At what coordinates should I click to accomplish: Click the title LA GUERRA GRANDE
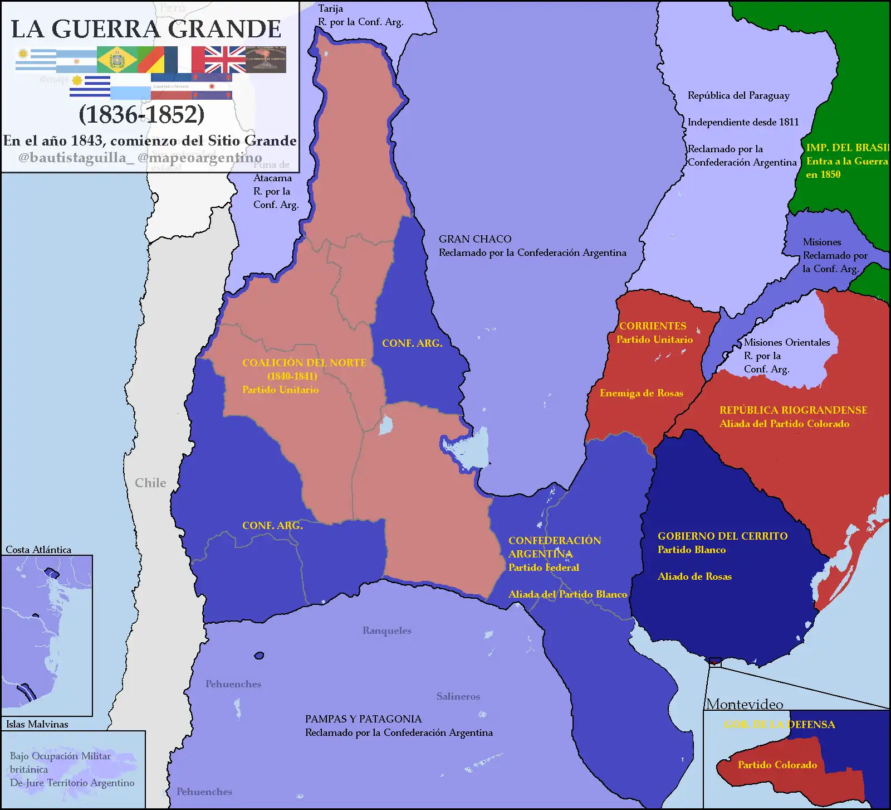[146, 29]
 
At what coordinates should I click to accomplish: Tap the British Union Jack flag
[225, 60]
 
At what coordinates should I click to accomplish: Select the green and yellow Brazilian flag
[117, 60]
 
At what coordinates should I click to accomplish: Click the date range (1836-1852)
[141, 114]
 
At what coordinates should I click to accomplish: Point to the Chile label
[150, 483]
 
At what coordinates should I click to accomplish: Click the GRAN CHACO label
[475, 239]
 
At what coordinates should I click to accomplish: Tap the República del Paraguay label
[738, 95]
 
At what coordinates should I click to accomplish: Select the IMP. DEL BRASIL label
[846, 148]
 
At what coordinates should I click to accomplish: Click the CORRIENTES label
[653, 326]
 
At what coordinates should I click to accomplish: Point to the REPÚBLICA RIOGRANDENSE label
[793, 410]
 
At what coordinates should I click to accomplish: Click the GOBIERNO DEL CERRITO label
[722, 536]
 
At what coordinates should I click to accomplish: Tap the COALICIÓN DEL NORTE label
[304, 363]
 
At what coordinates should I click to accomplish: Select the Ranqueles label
[386, 630]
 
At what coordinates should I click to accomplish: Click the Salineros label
[458, 696]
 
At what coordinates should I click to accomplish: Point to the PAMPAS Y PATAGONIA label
[363, 719]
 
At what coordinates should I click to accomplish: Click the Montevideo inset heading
[744, 704]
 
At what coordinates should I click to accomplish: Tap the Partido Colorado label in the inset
[777, 765]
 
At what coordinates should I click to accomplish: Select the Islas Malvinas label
[37, 724]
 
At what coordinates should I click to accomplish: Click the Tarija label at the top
[330, 8]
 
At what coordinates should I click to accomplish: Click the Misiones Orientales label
[786, 342]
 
